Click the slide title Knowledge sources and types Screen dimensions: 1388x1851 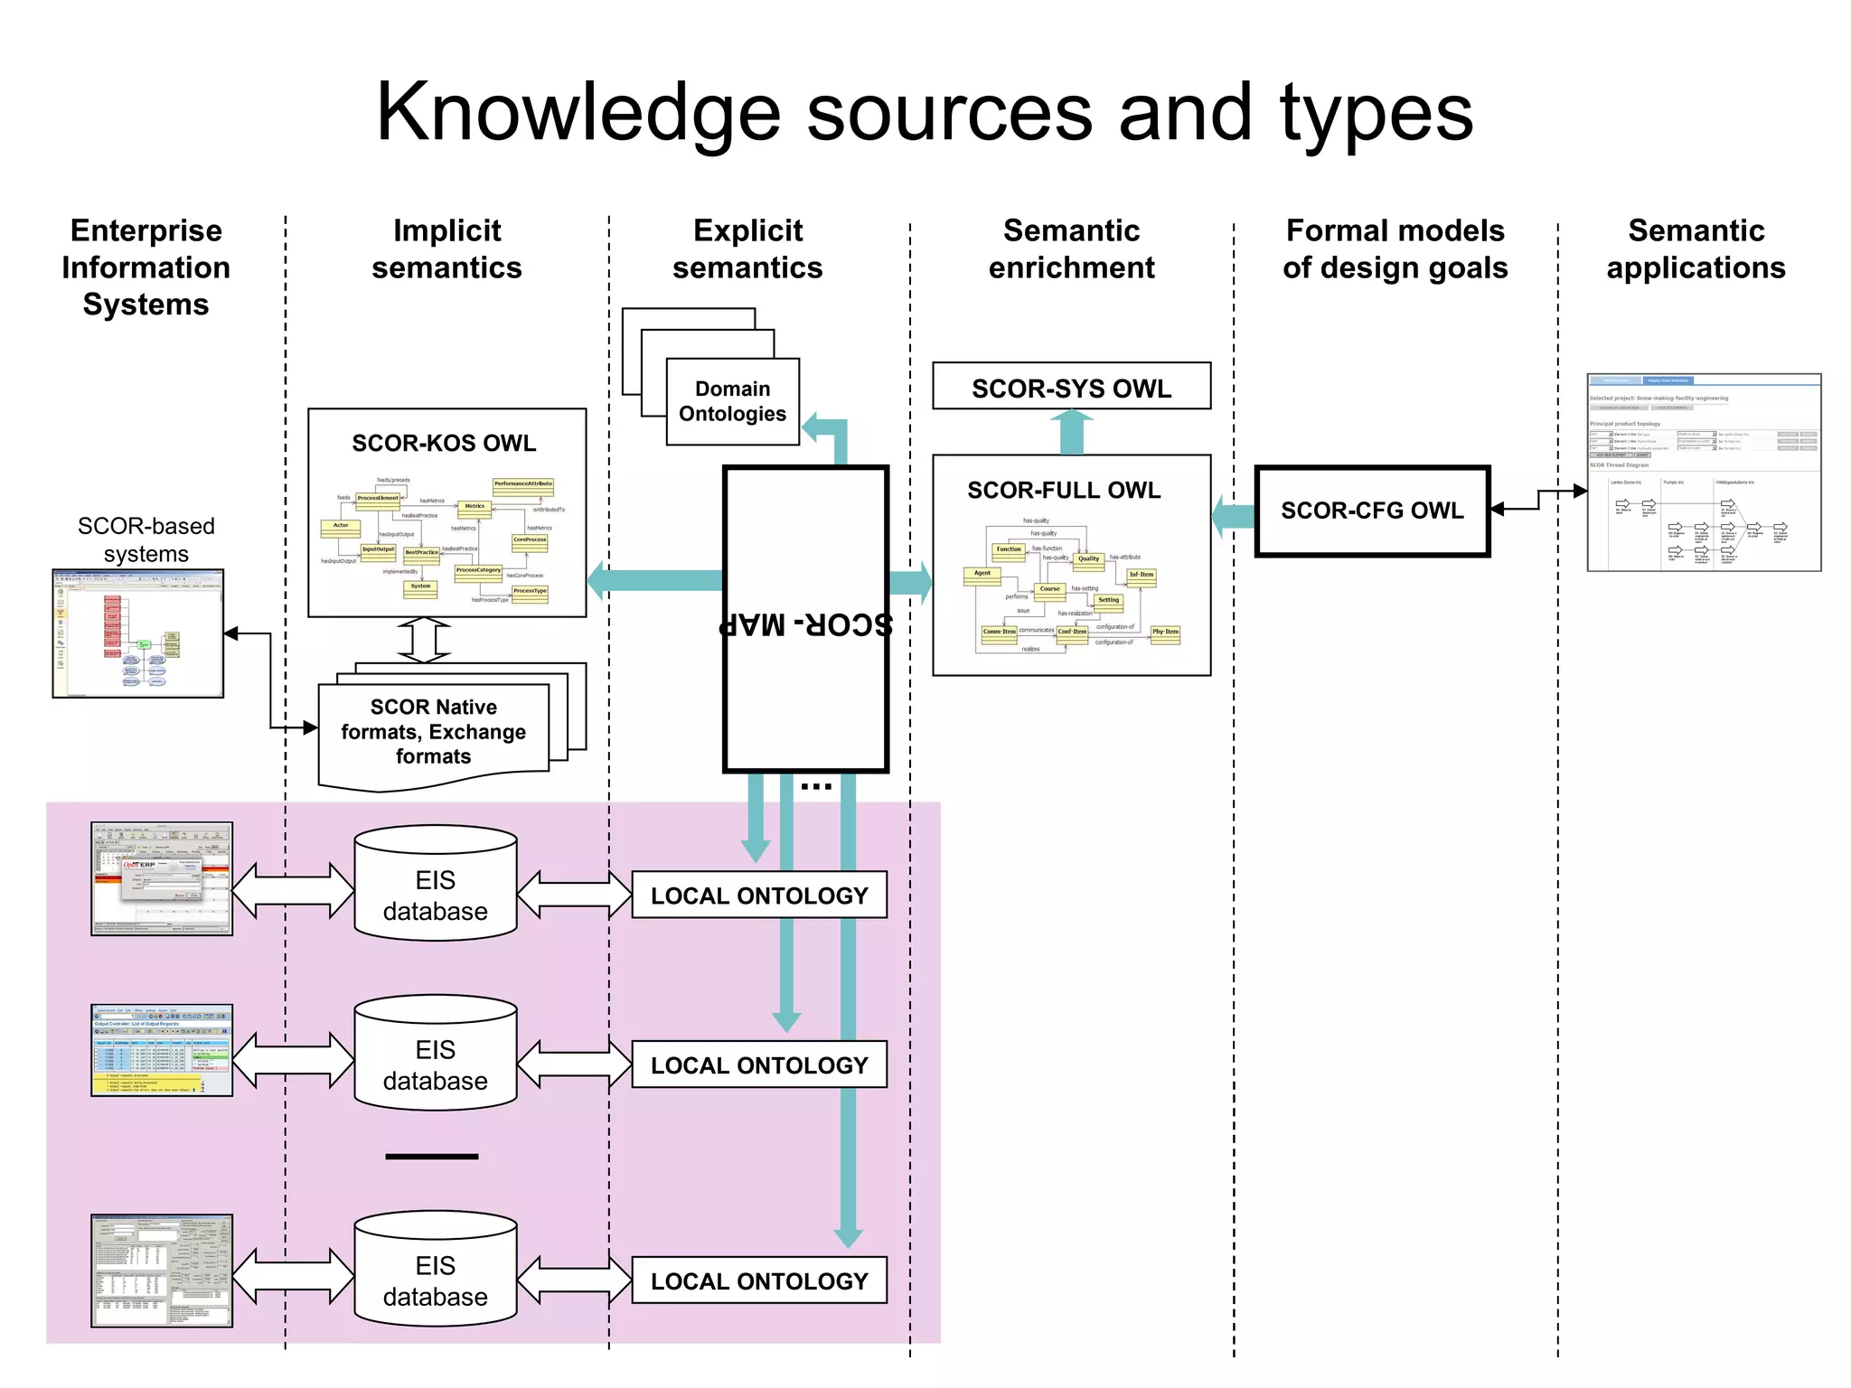[x=924, y=112]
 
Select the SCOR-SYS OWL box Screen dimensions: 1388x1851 [x=1071, y=387]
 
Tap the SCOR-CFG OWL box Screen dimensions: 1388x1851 [x=1371, y=511]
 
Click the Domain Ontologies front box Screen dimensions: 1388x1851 [x=732, y=401]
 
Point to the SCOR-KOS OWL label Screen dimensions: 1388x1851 [x=444, y=443]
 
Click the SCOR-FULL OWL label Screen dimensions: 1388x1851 [x=1064, y=490]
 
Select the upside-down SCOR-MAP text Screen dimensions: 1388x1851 [x=805, y=624]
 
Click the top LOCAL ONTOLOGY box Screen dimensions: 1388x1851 [x=759, y=896]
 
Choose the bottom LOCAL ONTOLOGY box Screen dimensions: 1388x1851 [x=759, y=1280]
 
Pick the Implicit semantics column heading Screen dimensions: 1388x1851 [x=446, y=249]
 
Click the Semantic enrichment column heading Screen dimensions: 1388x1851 [x=1071, y=249]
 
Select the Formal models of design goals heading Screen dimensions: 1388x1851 [x=1395, y=249]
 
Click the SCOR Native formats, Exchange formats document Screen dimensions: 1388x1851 [x=433, y=731]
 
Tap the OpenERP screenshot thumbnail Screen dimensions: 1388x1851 [x=162, y=878]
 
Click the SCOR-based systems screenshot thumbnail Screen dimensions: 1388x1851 [x=138, y=633]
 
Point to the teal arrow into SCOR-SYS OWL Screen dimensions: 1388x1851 [x=1071, y=432]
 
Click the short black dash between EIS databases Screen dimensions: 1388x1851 [x=431, y=1156]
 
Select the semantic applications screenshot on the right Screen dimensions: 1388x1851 [x=1704, y=473]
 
